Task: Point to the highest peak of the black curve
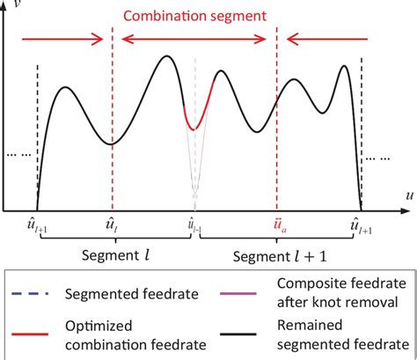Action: tap(167, 57)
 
